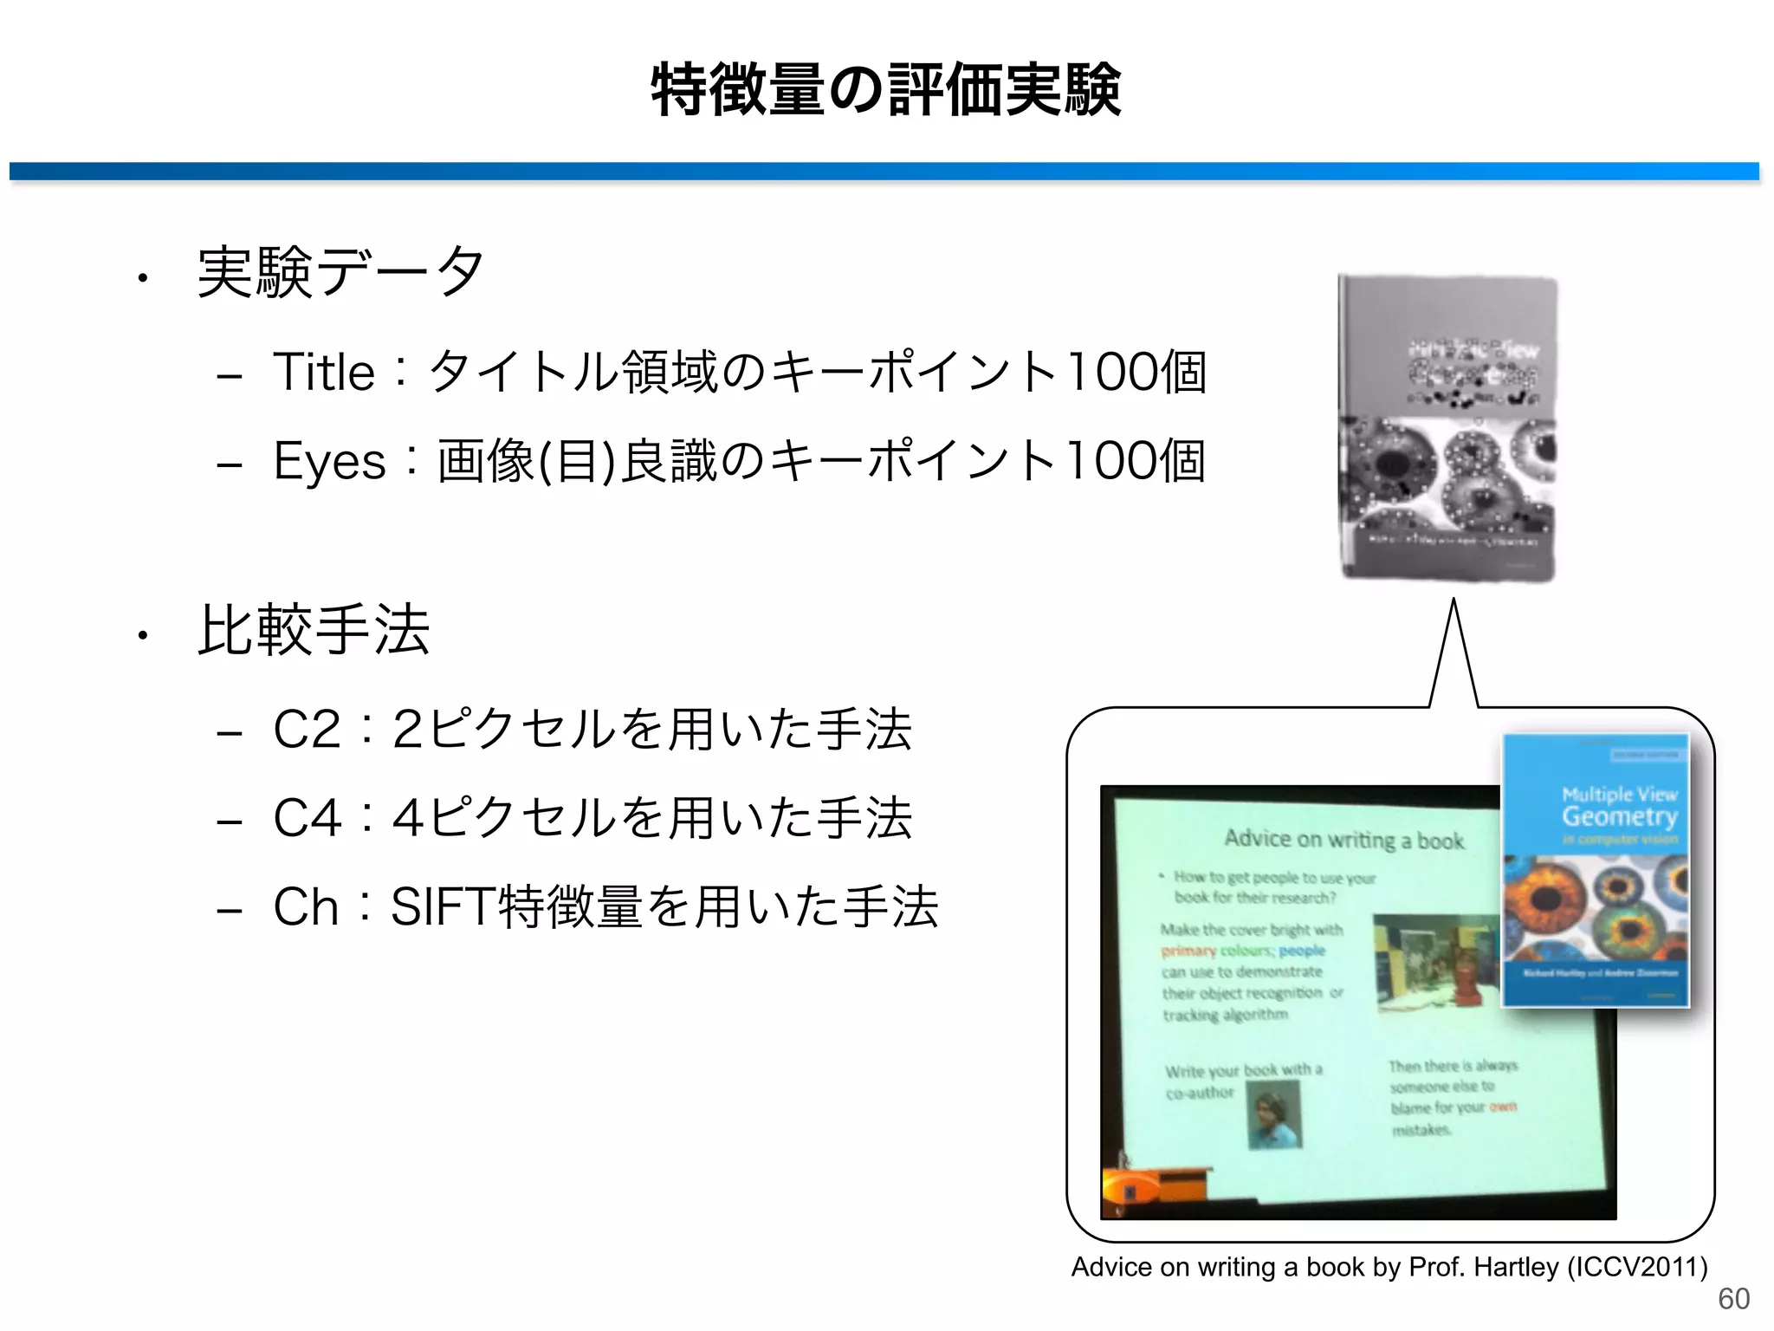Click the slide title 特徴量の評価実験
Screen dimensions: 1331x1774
pyautogui.click(x=885, y=90)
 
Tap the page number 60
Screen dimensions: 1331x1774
pyautogui.click(x=1733, y=1299)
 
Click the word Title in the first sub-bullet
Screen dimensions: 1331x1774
pyautogui.click(x=323, y=373)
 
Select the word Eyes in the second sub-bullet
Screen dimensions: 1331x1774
pyautogui.click(x=328, y=461)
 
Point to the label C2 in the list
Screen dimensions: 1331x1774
pyautogui.click(x=306, y=729)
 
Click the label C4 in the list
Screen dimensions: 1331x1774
pyautogui.click(x=307, y=818)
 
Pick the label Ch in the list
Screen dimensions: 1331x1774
pyautogui.click(x=305, y=907)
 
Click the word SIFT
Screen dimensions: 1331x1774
pyautogui.click(x=443, y=907)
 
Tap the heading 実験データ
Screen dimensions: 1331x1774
pyautogui.click(x=340, y=272)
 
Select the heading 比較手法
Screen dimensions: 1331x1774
pyautogui.click(x=314, y=630)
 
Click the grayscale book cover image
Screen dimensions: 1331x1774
pyautogui.click(x=1447, y=427)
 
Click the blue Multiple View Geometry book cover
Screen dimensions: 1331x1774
pyautogui.click(x=1596, y=870)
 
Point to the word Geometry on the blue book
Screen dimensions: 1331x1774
pyautogui.click(x=1619, y=816)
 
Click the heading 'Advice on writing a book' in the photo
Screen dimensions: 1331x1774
pyautogui.click(x=1343, y=839)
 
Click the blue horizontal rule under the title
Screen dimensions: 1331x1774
pyautogui.click(x=884, y=171)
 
